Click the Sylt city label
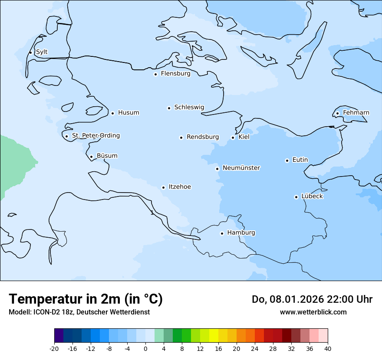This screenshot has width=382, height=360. click(42, 52)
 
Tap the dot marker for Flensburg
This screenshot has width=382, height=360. click(155, 74)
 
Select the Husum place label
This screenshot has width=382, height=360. click(128, 113)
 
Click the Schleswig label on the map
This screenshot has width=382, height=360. click(189, 107)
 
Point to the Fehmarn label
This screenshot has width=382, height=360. click(356, 113)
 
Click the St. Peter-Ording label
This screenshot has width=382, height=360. click(95, 135)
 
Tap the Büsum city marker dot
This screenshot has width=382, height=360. click(91, 157)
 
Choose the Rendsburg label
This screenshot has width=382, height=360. click(203, 137)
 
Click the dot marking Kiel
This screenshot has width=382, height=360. click(233, 137)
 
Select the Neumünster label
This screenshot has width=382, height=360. click(241, 168)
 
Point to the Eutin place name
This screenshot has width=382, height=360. click(300, 160)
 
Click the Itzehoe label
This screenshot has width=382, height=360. click(180, 187)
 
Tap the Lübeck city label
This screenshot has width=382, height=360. click(312, 196)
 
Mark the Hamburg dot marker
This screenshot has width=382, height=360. click(222, 233)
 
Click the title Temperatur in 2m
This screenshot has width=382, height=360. click(86, 299)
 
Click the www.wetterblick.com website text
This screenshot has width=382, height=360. click(313, 312)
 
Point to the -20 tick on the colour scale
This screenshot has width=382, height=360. click(54, 348)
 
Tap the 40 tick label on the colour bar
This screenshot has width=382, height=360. click(327, 348)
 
